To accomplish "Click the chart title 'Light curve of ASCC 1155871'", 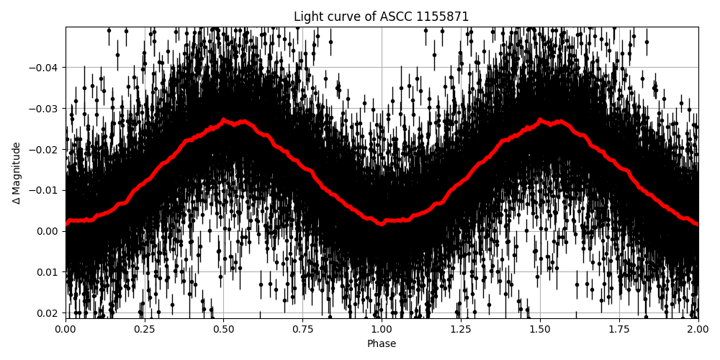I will pos(381,17).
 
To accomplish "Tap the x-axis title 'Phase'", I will pos(382,344).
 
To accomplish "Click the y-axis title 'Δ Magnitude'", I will pos(17,173).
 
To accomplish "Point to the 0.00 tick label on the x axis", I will pos(66,329).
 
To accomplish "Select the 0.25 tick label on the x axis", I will pos(145,329).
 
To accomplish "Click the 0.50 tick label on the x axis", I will pos(224,329).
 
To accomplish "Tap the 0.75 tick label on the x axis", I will pos(302,329).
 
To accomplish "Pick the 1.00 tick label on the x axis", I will pos(382,329).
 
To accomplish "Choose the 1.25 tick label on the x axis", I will pos(461,329).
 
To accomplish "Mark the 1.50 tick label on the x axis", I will pos(540,329).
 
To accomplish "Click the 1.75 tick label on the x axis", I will pos(619,329).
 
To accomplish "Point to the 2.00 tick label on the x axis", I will pos(698,329).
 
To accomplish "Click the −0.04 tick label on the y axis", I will pos(44,68).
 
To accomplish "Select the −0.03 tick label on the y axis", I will pos(44,109).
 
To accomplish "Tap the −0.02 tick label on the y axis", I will pos(44,150).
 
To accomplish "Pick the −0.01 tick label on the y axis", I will pos(44,190).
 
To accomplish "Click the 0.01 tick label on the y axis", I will pos(48,272).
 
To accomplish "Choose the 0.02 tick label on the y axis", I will pos(48,312).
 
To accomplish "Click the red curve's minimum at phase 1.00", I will pos(382,221).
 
